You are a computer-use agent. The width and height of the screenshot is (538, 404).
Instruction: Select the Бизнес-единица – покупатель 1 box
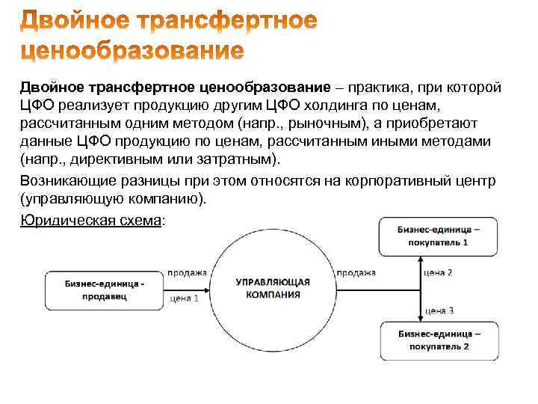pos(439,236)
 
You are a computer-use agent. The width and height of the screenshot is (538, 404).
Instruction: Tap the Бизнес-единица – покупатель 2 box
pos(439,340)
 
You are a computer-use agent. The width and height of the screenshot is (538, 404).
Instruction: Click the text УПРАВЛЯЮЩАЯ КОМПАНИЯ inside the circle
pos(273,288)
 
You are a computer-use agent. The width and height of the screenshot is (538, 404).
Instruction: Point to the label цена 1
pos(185,298)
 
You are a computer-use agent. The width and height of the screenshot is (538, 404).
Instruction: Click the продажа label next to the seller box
pos(187,273)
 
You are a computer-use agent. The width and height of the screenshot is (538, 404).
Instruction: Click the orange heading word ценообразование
pos(132,52)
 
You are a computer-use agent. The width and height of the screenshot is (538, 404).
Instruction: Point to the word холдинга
pos(350,106)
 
